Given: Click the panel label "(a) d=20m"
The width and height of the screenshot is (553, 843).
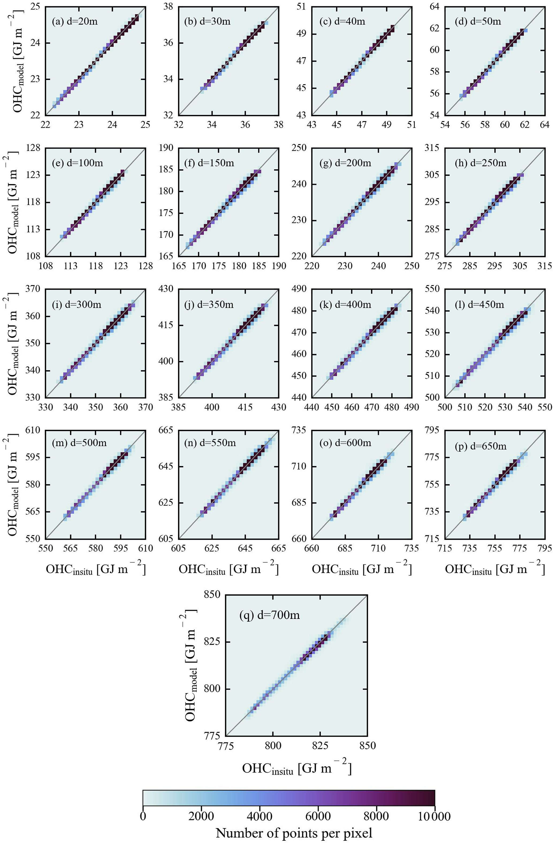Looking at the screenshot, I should pyautogui.click(x=75, y=22).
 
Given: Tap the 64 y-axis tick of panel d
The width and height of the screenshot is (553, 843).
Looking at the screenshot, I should pyautogui.click(x=434, y=7).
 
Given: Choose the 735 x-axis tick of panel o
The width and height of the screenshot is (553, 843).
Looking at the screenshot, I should pyautogui.click(x=411, y=549).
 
